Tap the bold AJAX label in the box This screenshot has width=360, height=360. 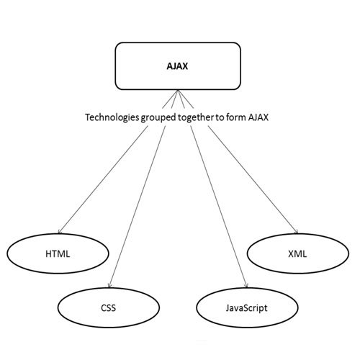coord(177,66)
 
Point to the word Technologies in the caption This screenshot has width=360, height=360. coord(112,117)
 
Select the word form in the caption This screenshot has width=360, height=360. coord(236,117)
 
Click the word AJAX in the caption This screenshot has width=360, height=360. coord(258,117)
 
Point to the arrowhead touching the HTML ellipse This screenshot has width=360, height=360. coord(59,232)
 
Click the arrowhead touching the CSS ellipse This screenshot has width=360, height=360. coord(109,286)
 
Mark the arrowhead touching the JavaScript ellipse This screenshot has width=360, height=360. coord(246,286)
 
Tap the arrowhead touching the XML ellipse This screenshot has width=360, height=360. coord(297,232)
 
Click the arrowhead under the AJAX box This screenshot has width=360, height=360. coord(178,91)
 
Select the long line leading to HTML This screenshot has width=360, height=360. coord(103,179)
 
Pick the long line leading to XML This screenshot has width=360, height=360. coord(253,179)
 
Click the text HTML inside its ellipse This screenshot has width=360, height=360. coord(58,254)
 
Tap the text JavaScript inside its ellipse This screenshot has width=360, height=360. coord(246,308)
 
